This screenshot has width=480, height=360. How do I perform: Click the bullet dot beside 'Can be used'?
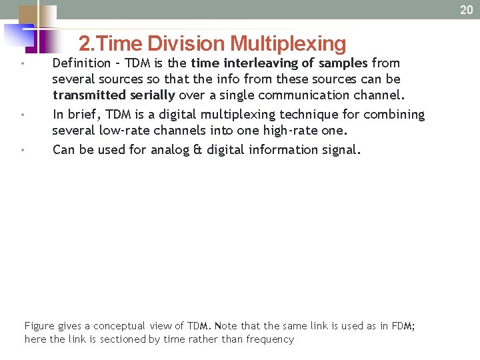click(23, 150)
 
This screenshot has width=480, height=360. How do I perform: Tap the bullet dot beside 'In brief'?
click(23, 115)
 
